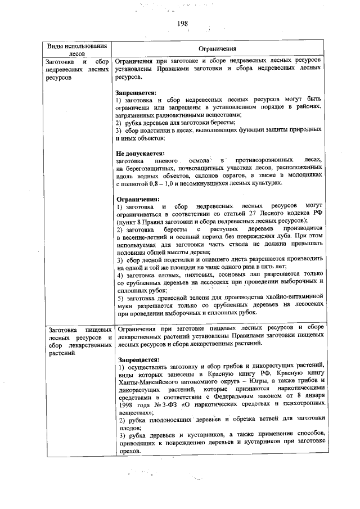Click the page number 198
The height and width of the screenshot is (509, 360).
click(182, 24)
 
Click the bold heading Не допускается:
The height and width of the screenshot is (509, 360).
click(140, 153)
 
